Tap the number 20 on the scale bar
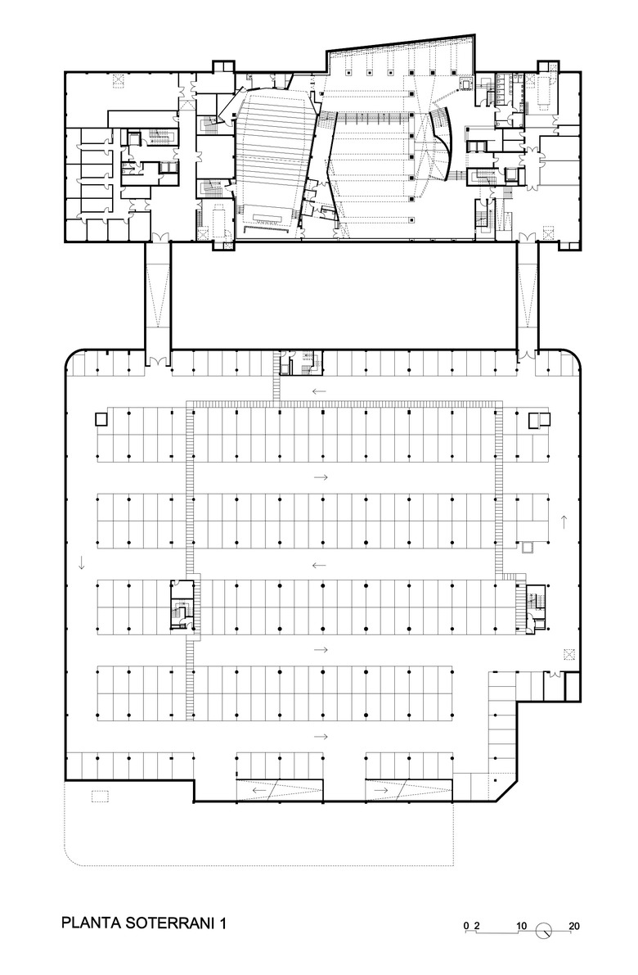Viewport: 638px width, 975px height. (x=574, y=926)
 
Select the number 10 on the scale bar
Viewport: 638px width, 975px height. (x=521, y=926)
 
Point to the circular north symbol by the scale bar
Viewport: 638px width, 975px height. (x=544, y=930)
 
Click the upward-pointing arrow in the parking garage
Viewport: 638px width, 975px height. (x=564, y=521)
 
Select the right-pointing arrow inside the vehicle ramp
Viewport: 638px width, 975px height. (x=381, y=790)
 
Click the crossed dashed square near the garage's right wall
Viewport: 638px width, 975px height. (x=568, y=653)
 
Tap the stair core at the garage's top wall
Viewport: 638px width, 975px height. (x=301, y=363)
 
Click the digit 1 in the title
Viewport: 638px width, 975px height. (x=223, y=923)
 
